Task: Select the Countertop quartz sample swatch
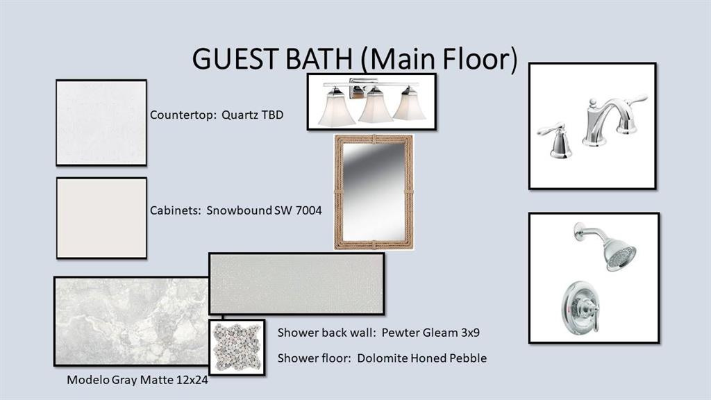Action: pos(101,122)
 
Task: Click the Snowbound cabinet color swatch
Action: pos(101,218)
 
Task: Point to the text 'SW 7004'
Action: pos(298,210)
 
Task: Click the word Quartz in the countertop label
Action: pos(240,115)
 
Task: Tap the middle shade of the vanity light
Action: pos(376,106)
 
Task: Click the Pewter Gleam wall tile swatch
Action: pos(296,283)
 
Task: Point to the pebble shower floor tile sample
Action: pos(237,347)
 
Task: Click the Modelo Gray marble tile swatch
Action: pos(131,321)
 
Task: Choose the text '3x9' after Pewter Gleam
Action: pos(470,333)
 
